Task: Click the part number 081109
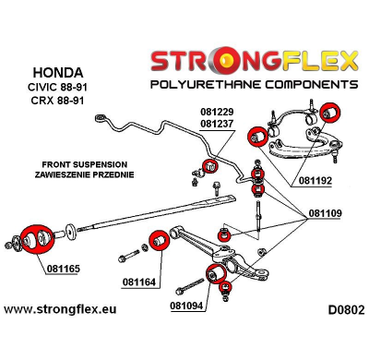[x=326, y=213]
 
